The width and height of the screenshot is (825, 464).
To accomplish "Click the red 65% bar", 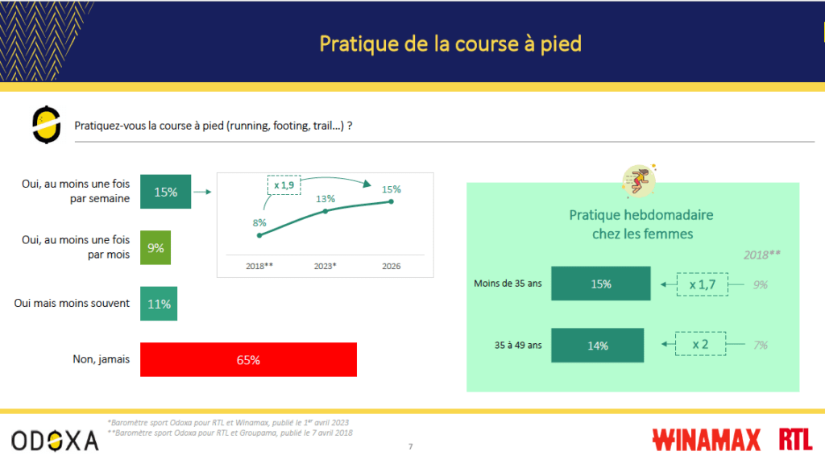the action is (248, 360).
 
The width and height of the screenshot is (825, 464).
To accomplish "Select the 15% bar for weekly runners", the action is (166, 192).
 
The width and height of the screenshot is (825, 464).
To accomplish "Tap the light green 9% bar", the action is (155, 248).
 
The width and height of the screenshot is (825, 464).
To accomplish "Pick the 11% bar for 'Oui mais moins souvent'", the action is (159, 304).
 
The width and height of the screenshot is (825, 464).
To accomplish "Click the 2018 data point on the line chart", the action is (259, 236).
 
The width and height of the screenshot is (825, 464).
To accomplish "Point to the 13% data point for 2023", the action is (325, 211).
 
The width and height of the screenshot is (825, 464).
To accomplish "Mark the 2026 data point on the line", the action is (392, 201).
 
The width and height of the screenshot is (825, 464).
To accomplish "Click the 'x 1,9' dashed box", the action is (284, 185).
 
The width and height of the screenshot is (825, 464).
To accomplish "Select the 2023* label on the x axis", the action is (325, 266).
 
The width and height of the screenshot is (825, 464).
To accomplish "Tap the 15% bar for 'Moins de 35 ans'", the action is (601, 284).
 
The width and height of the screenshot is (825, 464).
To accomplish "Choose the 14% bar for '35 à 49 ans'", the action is (598, 345).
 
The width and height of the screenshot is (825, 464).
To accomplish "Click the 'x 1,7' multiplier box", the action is (703, 284).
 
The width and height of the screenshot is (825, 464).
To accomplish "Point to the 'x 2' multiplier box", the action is (700, 344).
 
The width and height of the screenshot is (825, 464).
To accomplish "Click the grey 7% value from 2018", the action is (761, 345).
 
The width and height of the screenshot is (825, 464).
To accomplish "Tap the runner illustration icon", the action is (639, 180).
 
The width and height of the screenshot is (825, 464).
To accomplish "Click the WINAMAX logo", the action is (706, 440).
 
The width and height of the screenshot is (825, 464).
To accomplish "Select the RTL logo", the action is (795, 439).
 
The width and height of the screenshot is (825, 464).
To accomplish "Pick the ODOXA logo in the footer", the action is (56, 441).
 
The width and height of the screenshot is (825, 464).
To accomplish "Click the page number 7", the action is (410, 446).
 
